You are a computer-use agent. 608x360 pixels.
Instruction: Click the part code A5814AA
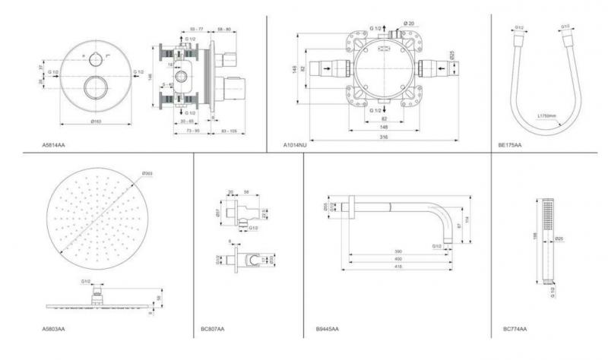[54, 142]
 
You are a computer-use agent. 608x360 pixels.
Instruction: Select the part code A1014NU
[296, 142]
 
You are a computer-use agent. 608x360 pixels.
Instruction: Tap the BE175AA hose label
[510, 142]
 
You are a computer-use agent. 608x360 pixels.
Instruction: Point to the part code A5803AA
[54, 329]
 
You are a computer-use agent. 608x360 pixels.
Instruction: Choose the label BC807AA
[212, 329]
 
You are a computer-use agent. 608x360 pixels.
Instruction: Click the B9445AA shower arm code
[328, 329]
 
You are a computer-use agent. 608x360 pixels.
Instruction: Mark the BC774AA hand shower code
[515, 329]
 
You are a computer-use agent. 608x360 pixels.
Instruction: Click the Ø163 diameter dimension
[97, 122]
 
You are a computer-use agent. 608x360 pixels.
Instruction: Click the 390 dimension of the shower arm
[397, 250]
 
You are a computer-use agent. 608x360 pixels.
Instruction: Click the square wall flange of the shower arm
[350, 207]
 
